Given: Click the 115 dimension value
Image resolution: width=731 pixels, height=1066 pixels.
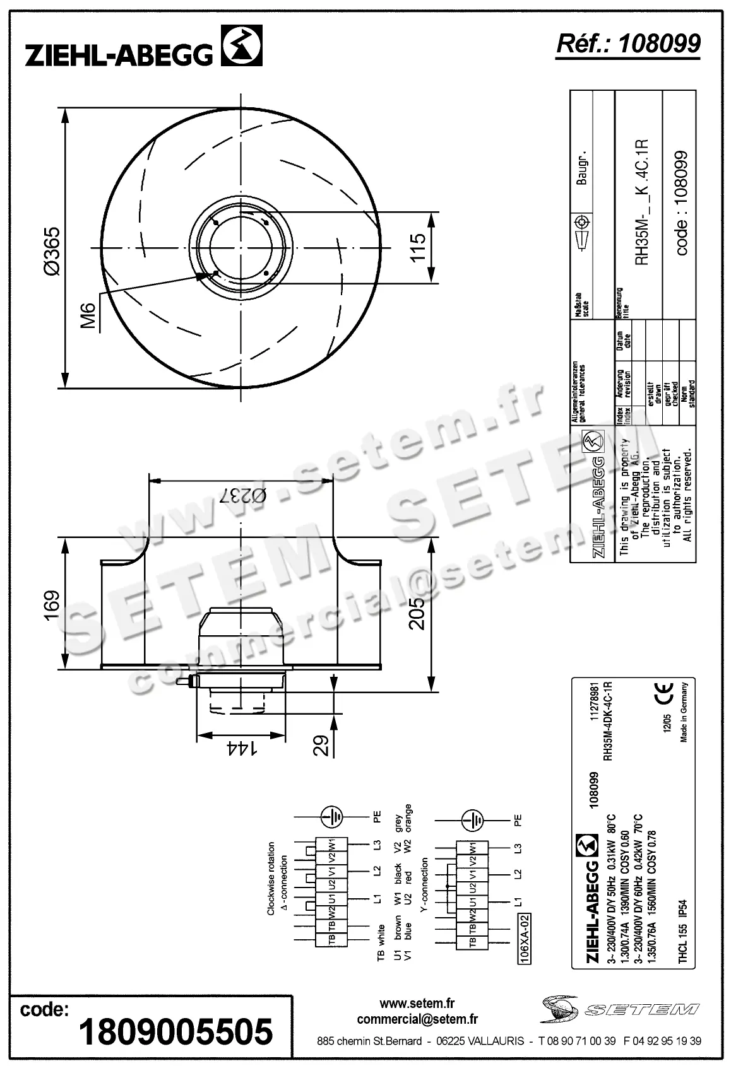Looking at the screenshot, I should coord(417,247).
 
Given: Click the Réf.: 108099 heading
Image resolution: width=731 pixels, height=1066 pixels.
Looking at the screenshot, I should coord(628,44).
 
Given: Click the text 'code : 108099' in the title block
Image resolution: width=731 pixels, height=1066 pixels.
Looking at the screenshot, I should coord(681,202).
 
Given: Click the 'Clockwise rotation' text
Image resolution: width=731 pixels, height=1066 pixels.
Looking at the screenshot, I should coord(271,878).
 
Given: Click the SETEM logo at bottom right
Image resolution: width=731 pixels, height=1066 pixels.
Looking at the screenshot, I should coord(619,1010).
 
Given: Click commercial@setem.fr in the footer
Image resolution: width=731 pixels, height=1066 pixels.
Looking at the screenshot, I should coord(417,1019).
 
